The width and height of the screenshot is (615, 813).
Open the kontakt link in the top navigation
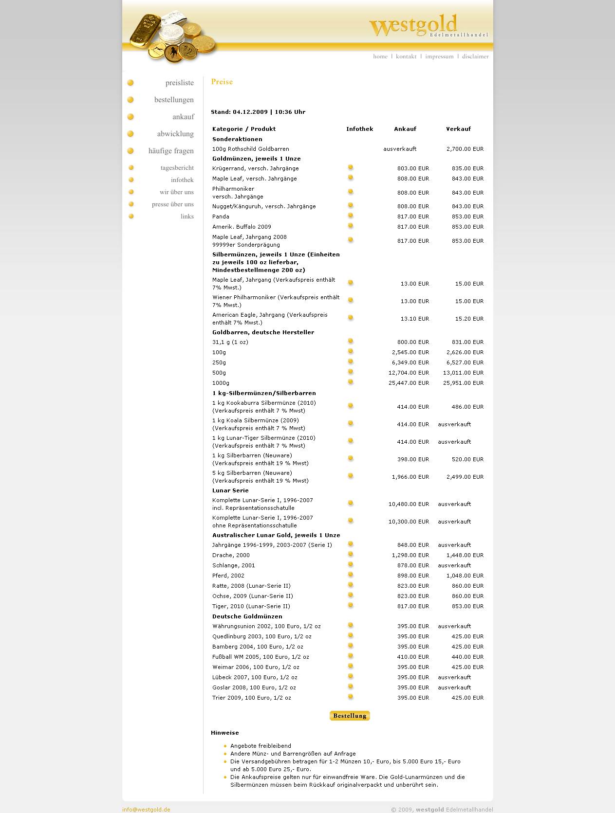click(406, 56)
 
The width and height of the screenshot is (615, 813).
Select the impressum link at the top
click(439, 56)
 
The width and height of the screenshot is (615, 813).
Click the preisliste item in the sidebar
click(179, 83)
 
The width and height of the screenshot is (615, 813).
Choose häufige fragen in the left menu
click(171, 151)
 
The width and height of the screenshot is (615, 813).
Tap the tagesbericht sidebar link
click(177, 168)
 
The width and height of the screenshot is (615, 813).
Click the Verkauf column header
click(458, 129)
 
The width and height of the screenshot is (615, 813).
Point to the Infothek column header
click(359, 129)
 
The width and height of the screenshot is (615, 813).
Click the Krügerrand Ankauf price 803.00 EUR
click(413, 168)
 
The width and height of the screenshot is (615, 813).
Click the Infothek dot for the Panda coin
click(351, 216)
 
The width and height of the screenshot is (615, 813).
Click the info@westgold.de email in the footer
click(146, 810)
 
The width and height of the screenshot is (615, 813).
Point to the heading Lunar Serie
click(230, 490)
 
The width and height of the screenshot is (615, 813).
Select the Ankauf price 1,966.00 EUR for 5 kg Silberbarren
click(410, 477)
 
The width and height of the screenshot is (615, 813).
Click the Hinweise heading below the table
click(225, 733)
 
